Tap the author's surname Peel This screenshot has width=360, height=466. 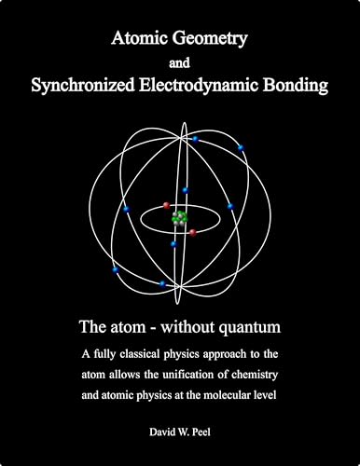[209, 435]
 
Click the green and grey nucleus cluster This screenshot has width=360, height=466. [180, 218]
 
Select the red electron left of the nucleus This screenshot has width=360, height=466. [166, 206]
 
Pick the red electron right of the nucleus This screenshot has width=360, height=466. [193, 232]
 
